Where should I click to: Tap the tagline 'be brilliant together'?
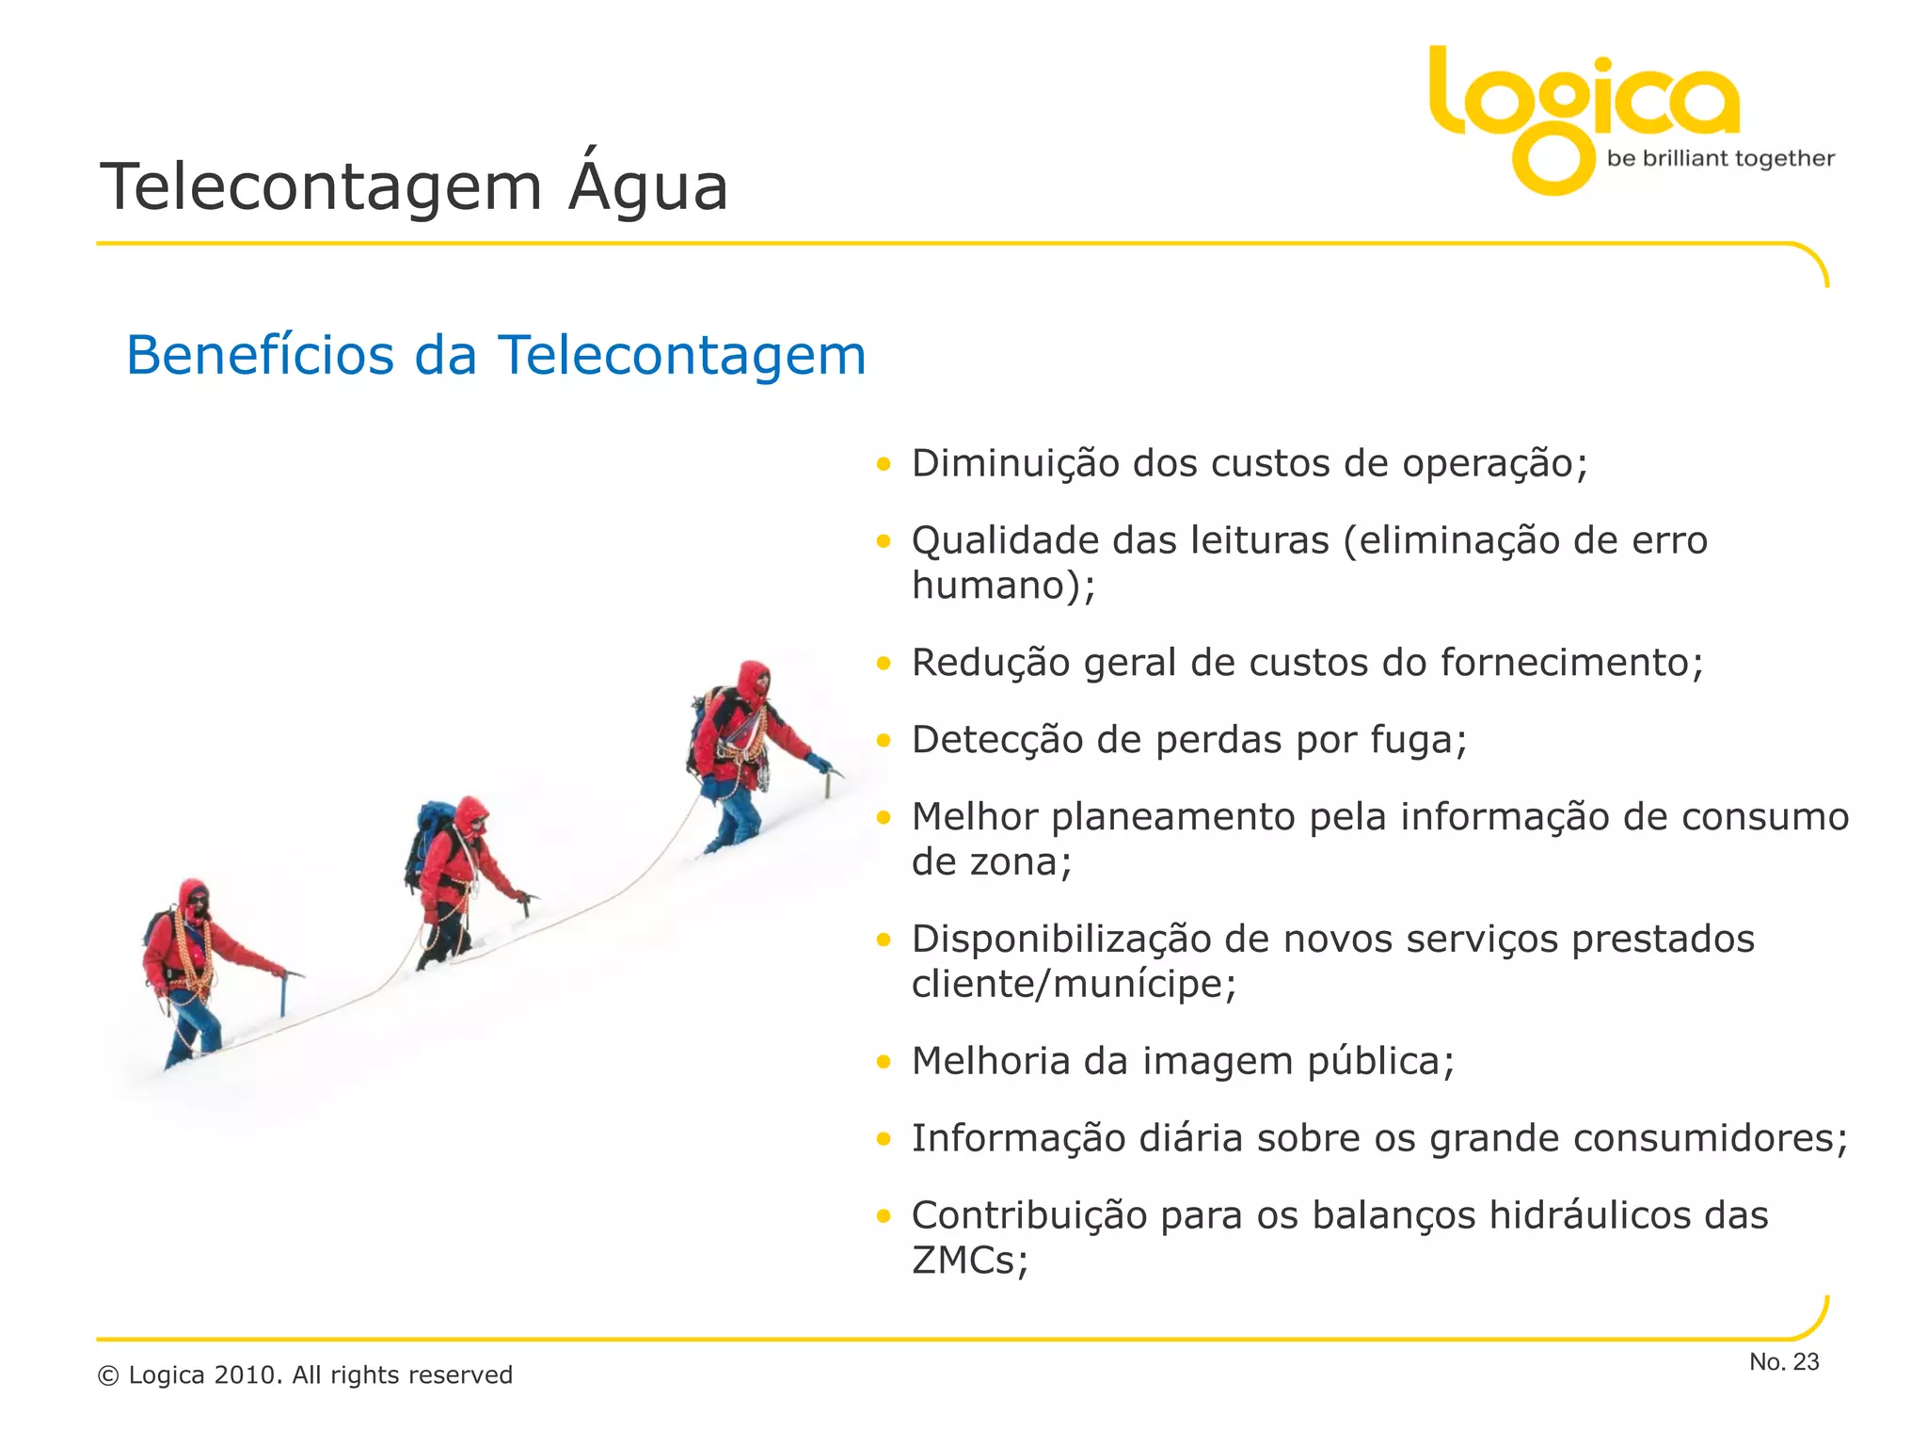(x=1720, y=159)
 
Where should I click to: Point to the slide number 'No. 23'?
(x=1783, y=1361)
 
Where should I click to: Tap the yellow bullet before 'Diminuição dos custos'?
(x=883, y=463)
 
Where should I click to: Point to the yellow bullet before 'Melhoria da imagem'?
(x=883, y=1062)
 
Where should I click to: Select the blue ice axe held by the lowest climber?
(x=283, y=995)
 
